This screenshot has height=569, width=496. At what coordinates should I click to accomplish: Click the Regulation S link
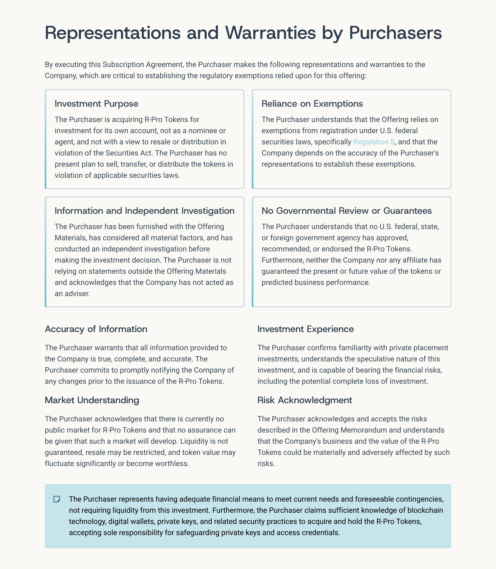click(x=374, y=142)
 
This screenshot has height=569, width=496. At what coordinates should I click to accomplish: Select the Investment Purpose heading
click(x=96, y=104)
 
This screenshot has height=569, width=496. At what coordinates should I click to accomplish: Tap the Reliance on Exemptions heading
click(x=312, y=104)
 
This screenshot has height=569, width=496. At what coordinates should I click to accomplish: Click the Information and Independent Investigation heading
click(x=144, y=211)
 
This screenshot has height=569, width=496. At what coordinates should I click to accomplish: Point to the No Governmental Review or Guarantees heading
click(x=347, y=211)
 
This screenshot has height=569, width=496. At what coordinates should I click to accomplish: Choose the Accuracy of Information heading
click(x=96, y=329)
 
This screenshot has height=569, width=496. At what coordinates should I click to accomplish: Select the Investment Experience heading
click(x=305, y=329)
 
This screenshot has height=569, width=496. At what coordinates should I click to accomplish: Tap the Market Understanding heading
click(x=92, y=400)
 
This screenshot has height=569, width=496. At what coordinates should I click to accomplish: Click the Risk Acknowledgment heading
click(x=304, y=400)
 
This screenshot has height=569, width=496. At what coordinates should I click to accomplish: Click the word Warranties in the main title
click(x=270, y=33)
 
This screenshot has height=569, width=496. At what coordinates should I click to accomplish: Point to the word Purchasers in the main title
click(x=395, y=33)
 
